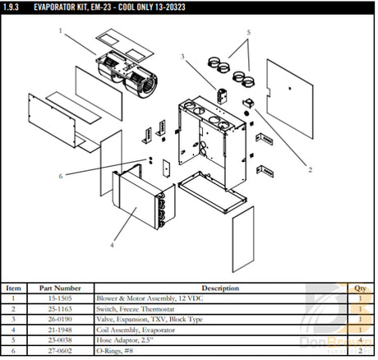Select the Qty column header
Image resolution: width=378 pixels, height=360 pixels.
(x=359, y=288)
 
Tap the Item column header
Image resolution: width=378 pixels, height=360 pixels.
(x=14, y=288)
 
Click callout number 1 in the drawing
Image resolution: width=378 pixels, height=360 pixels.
(x=60, y=30)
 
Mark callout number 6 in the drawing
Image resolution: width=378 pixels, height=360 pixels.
(x=60, y=176)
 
